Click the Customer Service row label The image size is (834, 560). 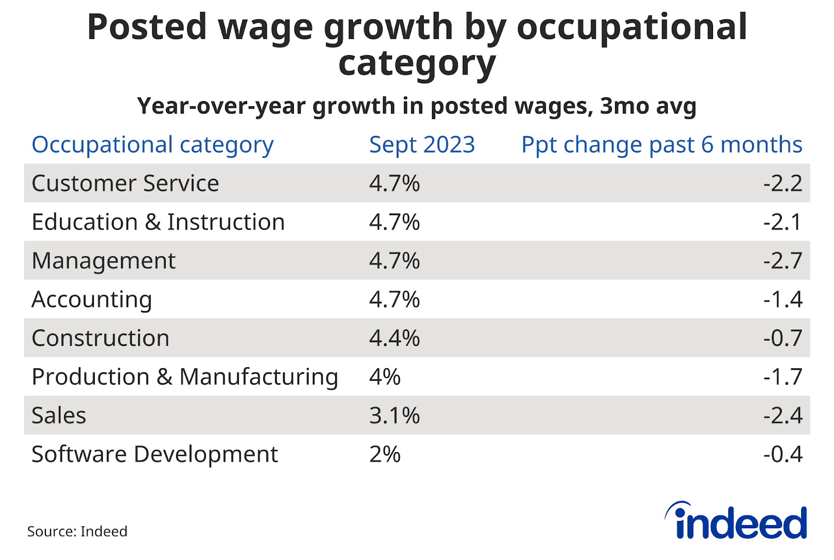125,183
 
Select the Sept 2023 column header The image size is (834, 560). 422,145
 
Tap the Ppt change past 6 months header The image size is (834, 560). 661,145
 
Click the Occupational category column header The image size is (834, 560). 152,145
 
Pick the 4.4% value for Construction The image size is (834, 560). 394,338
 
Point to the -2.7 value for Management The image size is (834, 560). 782,260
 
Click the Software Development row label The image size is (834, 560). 155,454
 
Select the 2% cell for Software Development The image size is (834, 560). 385,454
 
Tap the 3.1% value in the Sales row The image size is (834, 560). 394,416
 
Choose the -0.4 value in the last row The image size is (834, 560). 782,454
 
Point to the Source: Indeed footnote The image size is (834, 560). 77,531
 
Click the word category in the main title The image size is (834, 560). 416,64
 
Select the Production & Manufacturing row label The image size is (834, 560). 185,377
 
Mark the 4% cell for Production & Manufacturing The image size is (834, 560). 385,377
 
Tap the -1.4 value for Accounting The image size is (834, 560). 782,300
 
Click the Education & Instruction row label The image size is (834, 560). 158,222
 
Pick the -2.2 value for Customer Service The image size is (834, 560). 782,183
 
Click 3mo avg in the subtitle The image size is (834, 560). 648,106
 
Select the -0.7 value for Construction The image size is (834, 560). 782,338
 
